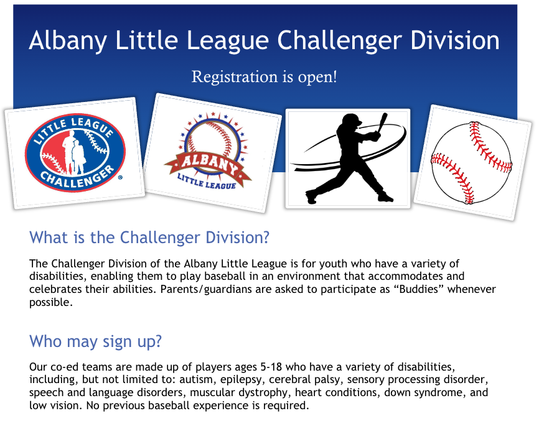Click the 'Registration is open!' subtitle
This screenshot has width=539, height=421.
264,76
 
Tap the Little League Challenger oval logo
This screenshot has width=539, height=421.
75,153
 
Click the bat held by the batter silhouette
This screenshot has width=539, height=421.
382,121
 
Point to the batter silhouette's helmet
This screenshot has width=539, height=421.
351,120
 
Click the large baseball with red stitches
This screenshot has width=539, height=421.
471,163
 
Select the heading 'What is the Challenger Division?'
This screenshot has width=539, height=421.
149,238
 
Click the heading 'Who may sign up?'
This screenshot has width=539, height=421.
95,341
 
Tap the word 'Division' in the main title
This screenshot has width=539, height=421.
454,40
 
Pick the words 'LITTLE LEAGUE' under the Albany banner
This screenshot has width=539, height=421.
206,182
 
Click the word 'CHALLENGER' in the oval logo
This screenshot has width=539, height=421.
77,178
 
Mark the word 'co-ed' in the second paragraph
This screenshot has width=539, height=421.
65,367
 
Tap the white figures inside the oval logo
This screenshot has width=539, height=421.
74,152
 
